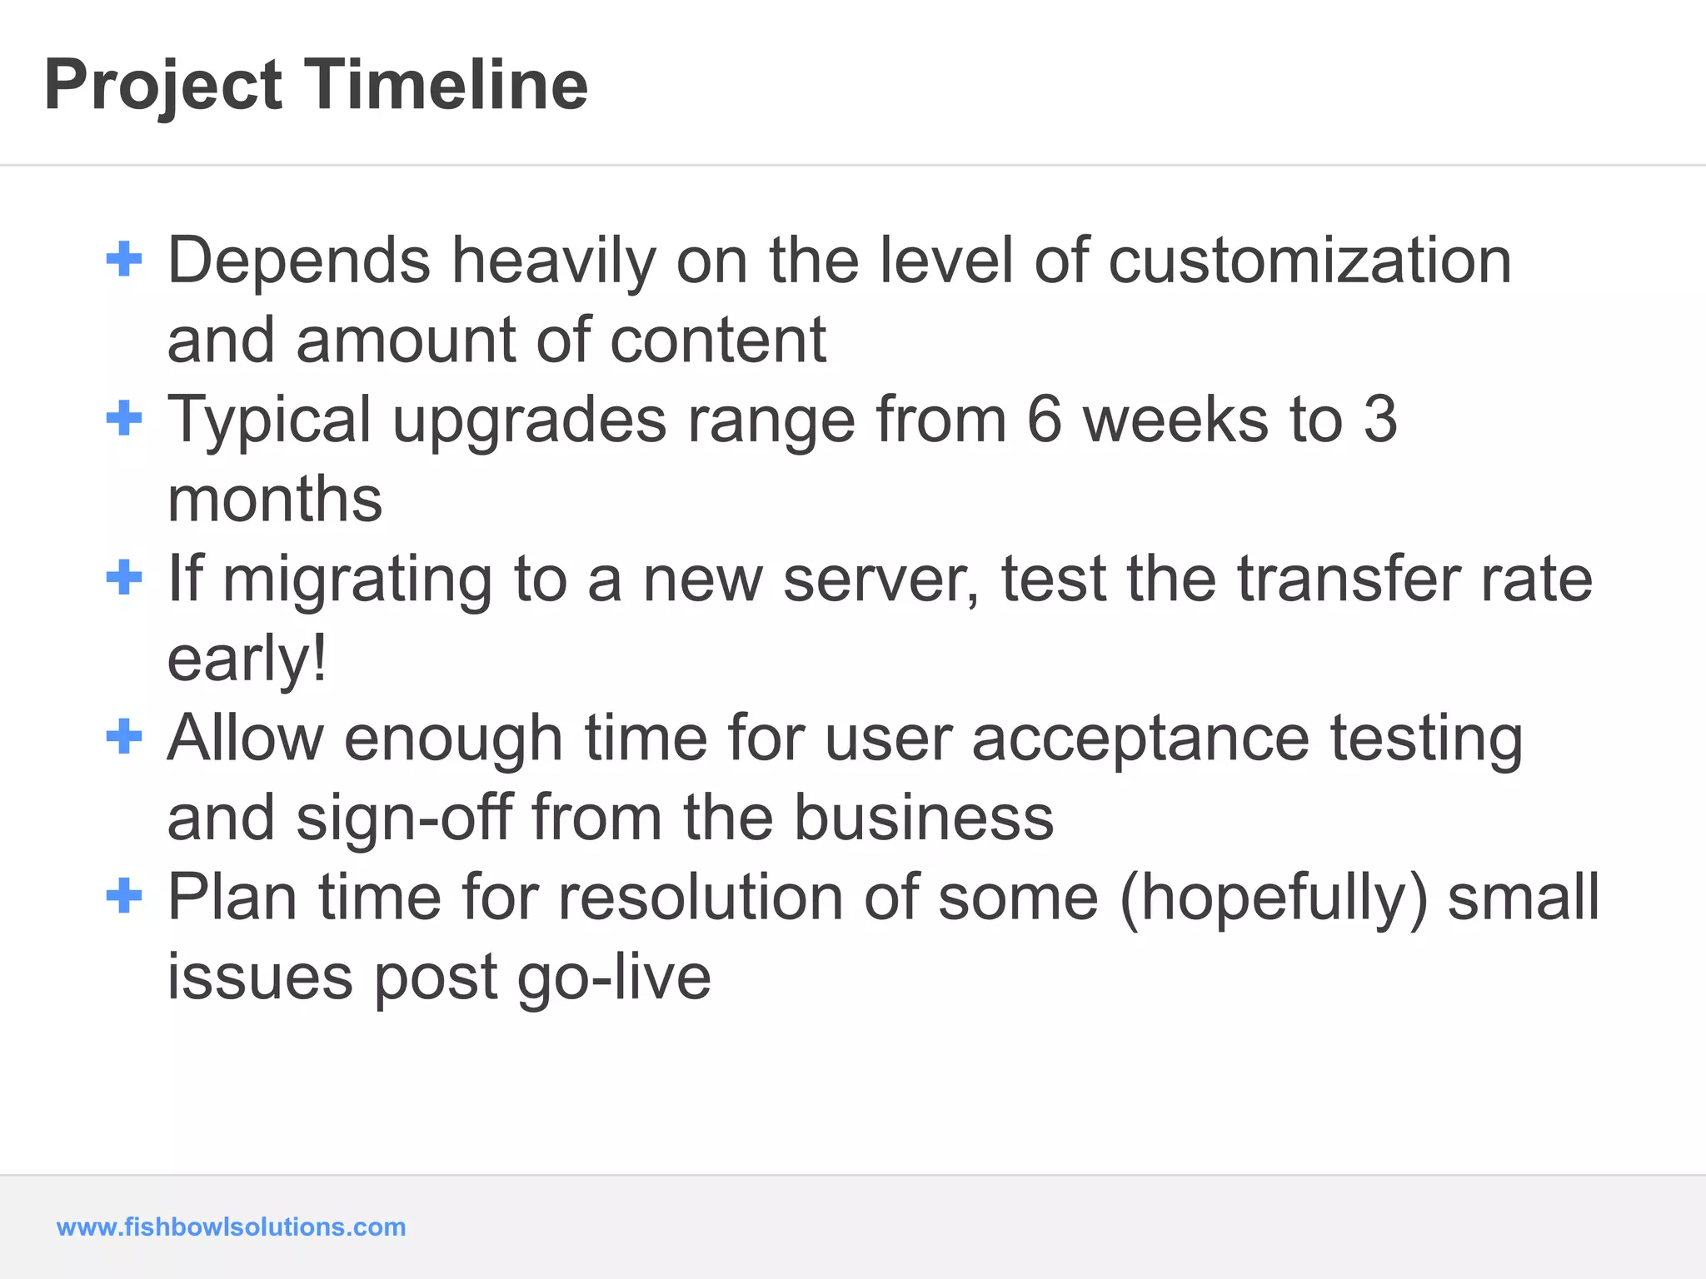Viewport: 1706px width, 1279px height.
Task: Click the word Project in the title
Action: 163,87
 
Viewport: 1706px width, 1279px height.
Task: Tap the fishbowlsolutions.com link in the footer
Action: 231,1227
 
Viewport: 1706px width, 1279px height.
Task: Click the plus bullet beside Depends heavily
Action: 124,259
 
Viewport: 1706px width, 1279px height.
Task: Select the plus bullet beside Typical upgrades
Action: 124,418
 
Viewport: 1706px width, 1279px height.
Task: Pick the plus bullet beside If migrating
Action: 124,577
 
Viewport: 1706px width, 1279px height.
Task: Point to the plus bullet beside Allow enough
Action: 124,737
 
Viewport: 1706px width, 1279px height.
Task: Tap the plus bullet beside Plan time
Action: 124,896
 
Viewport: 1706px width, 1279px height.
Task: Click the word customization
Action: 1309,261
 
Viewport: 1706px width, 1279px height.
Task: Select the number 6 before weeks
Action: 1045,419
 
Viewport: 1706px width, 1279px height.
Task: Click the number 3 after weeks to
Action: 1380,419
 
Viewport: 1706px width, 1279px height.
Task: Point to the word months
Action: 275,499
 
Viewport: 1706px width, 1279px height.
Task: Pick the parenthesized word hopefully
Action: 1274,898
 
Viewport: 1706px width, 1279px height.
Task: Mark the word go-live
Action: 614,978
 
